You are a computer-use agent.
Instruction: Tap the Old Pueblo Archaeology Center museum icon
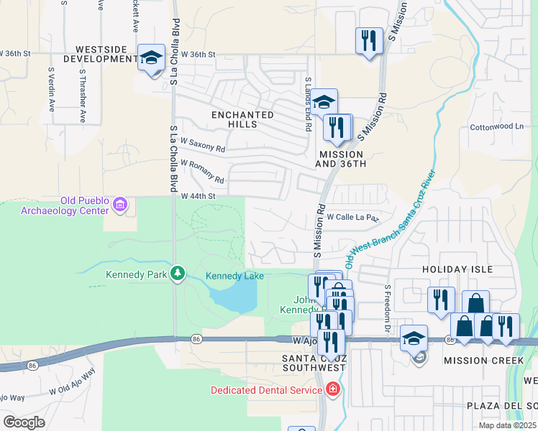click(x=120, y=205)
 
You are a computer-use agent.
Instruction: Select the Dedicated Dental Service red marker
click(x=332, y=390)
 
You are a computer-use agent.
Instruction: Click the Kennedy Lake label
click(x=234, y=276)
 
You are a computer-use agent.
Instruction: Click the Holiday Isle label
click(x=457, y=269)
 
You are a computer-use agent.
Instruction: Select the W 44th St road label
click(x=199, y=196)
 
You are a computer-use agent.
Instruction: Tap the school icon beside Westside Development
click(x=152, y=57)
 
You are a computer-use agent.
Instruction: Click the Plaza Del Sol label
click(x=502, y=406)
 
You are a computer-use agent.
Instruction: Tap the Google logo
click(x=24, y=422)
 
